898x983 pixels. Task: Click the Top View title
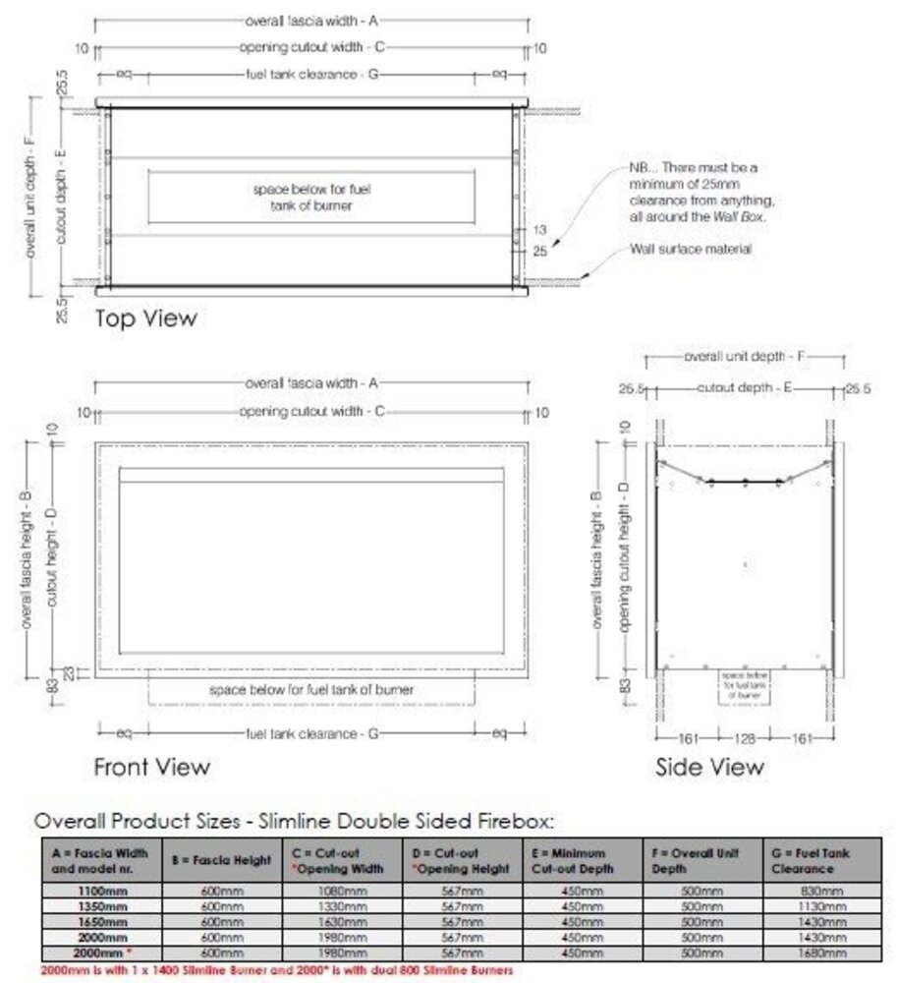[x=145, y=318]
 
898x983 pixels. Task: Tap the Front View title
[x=151, y=767]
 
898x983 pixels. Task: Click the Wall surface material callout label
[x=691, y=250]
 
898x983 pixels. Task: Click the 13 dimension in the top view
[x=540, y=229]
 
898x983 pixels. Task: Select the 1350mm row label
[x=102, y=906]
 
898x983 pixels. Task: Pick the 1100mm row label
[x=102, y=891]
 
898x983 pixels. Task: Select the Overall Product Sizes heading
[x=295, y=820]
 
